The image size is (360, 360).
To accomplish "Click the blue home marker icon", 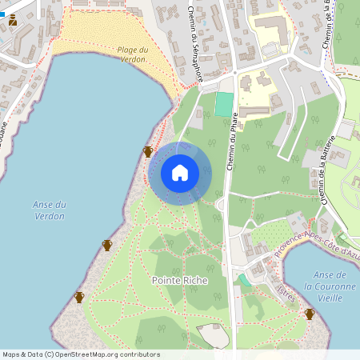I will (180, 173).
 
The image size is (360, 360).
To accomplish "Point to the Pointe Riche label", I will (179, 281).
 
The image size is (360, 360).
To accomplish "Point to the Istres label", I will (286, 290).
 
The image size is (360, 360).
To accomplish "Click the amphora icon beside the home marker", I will (148, 152).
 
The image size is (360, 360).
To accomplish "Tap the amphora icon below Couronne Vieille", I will (310, 314).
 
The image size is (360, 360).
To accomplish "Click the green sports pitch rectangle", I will (225, 104).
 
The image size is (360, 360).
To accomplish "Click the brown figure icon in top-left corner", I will (13, 21).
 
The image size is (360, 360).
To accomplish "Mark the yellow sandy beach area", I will (112, 40).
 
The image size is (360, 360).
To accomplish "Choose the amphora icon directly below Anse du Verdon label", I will (107, 245).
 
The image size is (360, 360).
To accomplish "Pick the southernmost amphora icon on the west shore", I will (79, 298).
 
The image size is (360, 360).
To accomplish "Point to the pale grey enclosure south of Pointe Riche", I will (213, 336).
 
